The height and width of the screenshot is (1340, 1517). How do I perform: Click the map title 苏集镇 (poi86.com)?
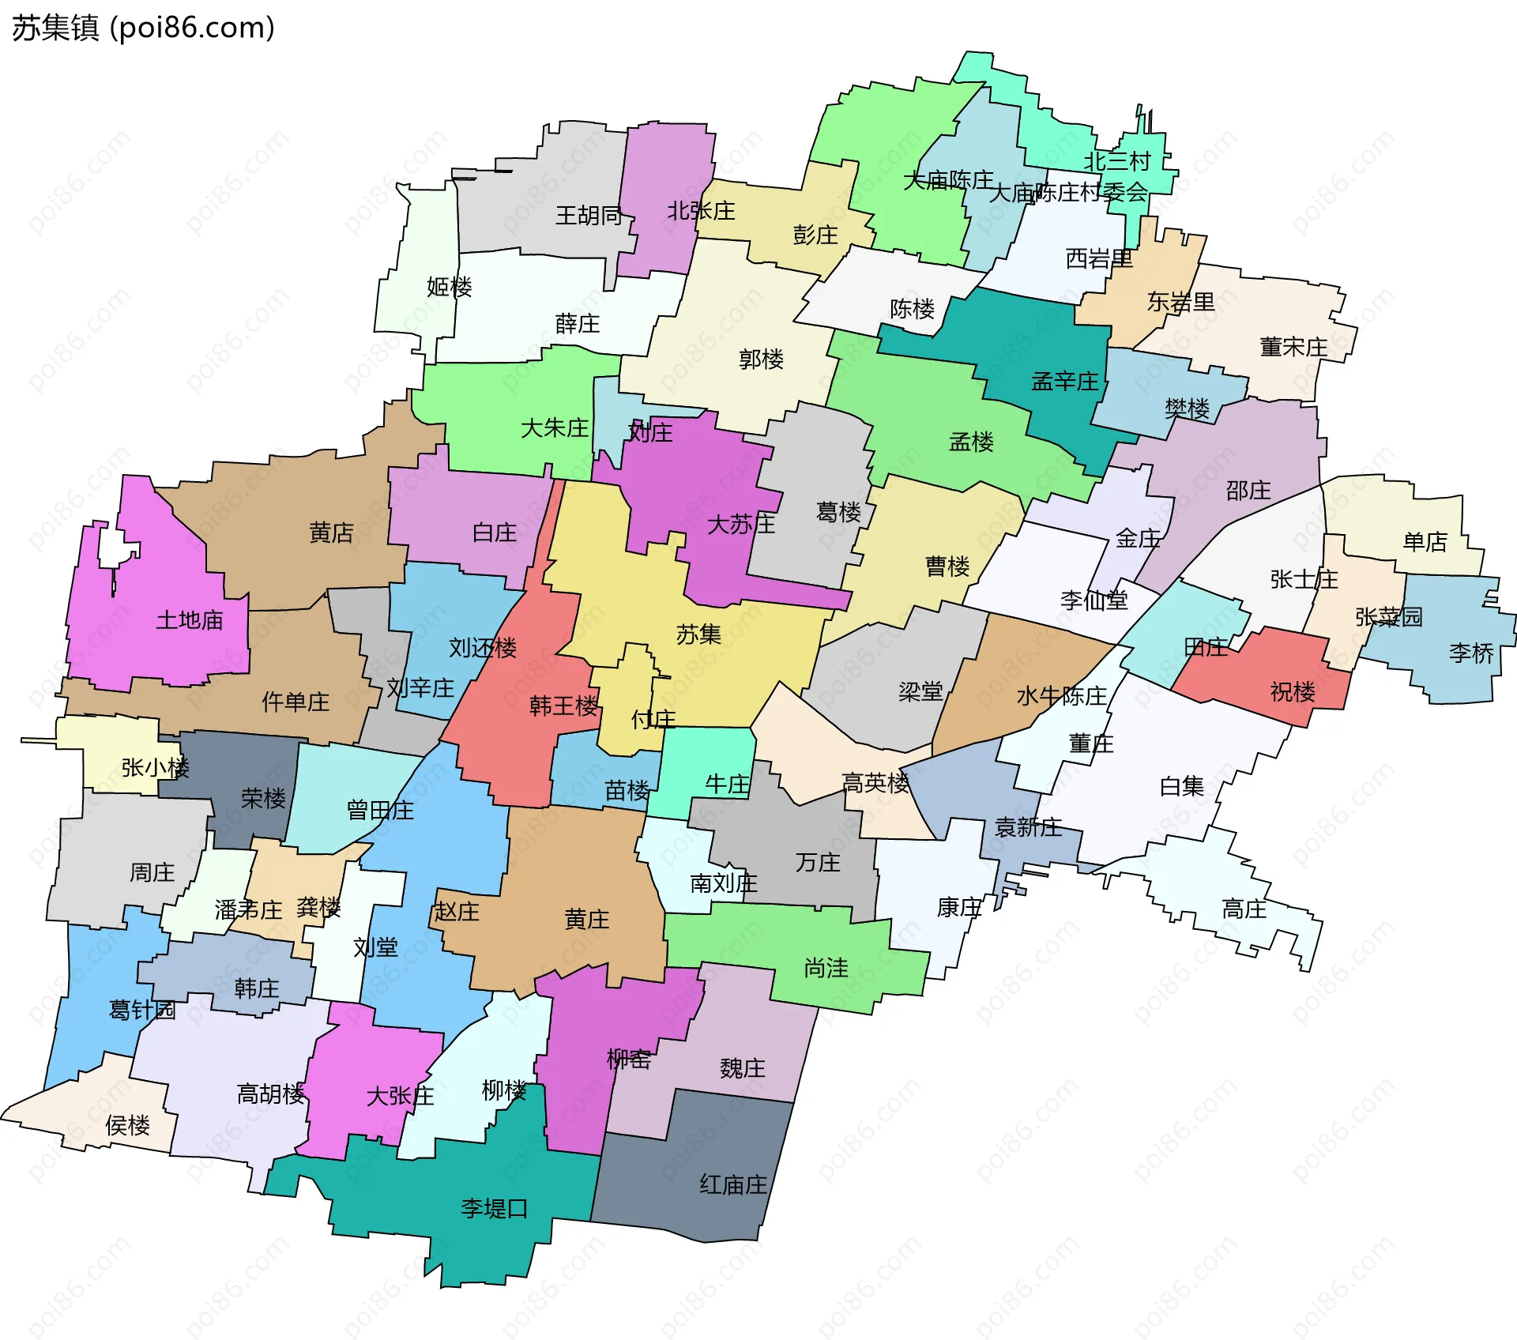tap(143, 28)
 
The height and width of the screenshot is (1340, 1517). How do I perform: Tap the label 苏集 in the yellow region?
tap(698, 634)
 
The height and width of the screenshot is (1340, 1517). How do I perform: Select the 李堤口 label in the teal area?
tap(494, 1208)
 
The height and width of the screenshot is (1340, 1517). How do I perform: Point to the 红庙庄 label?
tap(733, 1184)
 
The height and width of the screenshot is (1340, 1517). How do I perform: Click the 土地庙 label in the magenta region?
tap(190, 619)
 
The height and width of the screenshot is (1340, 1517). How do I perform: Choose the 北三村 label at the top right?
tap(1117, 161)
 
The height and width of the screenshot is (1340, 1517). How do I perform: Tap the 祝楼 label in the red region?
tap(1293, 692)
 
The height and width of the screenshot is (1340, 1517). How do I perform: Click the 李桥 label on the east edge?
tap(1471, 653)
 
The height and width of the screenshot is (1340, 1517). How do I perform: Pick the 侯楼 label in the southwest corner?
tap(127, 1125)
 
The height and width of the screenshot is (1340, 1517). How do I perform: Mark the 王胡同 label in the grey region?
tap(589, 215)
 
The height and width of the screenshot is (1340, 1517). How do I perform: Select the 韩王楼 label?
tap(563, 706)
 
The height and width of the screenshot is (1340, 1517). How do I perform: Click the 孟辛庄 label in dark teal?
tap(1065, 382)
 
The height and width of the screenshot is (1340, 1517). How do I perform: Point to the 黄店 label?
tap(331, 533)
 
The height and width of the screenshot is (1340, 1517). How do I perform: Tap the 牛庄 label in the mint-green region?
tap(727, 784)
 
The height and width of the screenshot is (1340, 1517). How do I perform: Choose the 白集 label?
tap(1182, 786)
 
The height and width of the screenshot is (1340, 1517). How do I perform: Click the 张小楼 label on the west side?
tap(155, 767)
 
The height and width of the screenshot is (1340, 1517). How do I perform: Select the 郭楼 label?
tap(761, 359)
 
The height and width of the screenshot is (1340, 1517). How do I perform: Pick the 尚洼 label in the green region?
tap(826, 968)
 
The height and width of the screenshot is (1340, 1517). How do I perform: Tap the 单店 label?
tap(1425, 541)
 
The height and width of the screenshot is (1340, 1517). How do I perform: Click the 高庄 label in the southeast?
tap(1244, 909)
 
